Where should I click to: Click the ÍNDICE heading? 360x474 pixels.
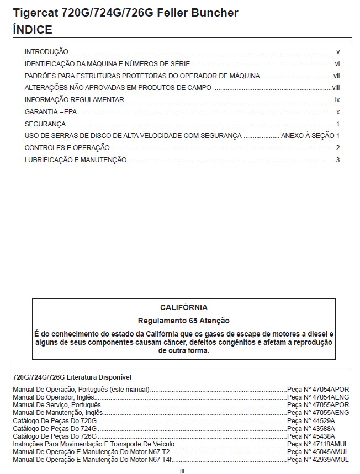pos(33,30)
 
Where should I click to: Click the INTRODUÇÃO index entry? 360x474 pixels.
pos(46,52)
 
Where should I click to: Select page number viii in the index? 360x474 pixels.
pos(336,88)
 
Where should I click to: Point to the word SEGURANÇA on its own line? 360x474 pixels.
pos(45,124)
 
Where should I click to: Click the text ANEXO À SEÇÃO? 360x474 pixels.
pos(307,136)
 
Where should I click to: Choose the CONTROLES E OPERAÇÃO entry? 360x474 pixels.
pos(67,148)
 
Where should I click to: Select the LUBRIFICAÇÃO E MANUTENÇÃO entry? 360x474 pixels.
pos(76,160)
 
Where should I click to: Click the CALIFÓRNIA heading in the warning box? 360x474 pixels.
pos(184,307)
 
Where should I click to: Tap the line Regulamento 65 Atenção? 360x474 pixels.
pos(184,320)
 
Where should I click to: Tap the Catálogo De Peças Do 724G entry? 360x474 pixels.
pos(55,428)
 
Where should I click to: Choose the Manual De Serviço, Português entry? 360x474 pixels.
pos(57,405)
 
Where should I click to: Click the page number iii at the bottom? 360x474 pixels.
pos(182,470)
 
